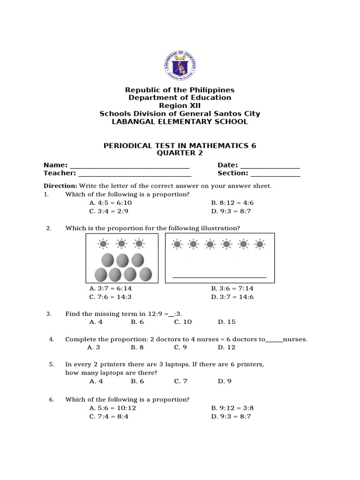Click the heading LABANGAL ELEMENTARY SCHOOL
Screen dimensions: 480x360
click(180, 122)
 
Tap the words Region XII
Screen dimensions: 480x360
click(180, 106)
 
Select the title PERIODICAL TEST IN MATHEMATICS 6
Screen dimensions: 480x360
click(180, 146)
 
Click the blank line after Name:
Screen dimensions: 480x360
click(130, 166)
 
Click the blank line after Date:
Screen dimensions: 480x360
click(270, 166)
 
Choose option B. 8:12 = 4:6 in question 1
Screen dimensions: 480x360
click(232, 203)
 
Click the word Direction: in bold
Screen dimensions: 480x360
click(60, 186)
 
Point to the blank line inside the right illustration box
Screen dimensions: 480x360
click(219, 277)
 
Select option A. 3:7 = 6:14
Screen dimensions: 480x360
click(110, 289)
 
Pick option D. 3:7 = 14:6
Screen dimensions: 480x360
click(232, 297)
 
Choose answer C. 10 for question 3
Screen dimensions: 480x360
click(183, 322)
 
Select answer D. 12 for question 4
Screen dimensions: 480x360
click(226, 347)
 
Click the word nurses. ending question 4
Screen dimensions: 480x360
click(295, 339)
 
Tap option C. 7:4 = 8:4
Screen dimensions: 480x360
click(109, 417)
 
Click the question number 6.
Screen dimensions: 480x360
click(52, 399)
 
